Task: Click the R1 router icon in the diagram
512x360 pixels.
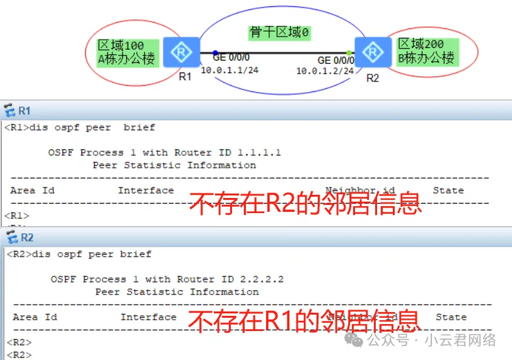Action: tap(181, 52)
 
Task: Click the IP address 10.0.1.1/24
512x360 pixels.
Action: tap(230, 70)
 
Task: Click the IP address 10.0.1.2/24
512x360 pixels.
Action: tap(325, 71)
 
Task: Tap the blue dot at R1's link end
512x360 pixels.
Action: tap(215, 53)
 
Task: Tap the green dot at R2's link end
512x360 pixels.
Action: tap(349, 53)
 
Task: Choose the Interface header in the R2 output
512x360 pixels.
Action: tap(148, 317)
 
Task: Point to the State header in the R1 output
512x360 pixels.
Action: tap(448, 190)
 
